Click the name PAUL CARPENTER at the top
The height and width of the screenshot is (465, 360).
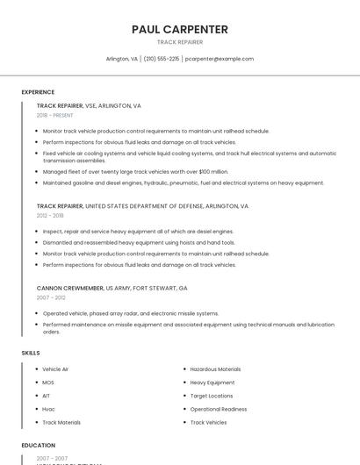point(180,29)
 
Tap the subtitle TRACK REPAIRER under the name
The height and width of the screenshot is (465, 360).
point(180,42)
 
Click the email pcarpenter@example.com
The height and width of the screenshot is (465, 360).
point(220,59)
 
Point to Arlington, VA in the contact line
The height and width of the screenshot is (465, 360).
point(122,59)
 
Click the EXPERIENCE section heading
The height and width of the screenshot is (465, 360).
point(38,92)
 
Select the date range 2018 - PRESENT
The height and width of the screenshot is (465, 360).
point(55,115)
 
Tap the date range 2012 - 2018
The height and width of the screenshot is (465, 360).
point(50,215)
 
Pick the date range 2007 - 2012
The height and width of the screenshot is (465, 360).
point(50,297)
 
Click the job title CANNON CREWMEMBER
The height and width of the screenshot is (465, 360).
point(69,287)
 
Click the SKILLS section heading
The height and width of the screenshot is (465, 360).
point(31,353)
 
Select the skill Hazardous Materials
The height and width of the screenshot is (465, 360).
point(215,369)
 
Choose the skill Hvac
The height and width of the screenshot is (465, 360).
point(49,409)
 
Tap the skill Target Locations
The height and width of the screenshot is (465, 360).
point(212,396)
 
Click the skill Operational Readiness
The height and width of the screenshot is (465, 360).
point(219,409)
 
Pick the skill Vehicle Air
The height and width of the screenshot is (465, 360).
point(55,369)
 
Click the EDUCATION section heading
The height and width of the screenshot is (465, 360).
point(39,446)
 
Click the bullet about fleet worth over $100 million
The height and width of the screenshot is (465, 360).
point(135,172)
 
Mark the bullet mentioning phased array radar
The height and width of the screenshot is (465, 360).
point(131,313)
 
